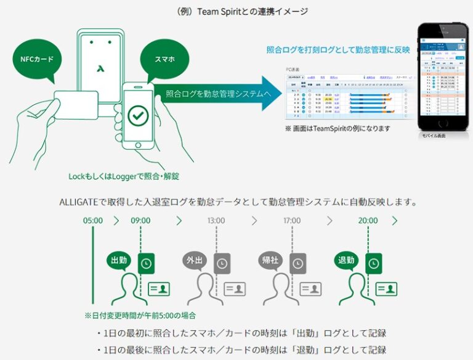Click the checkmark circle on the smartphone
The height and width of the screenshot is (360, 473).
(x=137, y=115)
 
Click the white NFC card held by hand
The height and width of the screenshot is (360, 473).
(x=78, y=107)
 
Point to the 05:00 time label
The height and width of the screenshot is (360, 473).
(x=94, y=220)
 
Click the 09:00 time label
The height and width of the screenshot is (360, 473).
(x=140, y=220)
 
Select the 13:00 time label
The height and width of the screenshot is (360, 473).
(x=216, y=220)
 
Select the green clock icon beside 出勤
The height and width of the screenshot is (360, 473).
(x=146, y=263)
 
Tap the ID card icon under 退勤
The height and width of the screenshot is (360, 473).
(x=386, y=288)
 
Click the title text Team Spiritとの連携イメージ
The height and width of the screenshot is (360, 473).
(x=236, y=11)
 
